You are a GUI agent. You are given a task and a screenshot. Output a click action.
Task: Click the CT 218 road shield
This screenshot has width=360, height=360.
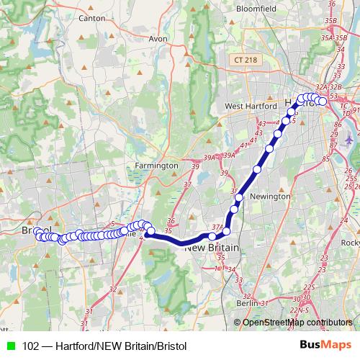click(246, 60)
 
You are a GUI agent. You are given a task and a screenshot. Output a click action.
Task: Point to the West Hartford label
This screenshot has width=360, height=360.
click(252, 106)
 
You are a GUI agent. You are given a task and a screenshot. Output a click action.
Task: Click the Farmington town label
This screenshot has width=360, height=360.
click(156, 166)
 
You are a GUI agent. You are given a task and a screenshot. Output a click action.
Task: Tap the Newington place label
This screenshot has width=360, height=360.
click(270, 196)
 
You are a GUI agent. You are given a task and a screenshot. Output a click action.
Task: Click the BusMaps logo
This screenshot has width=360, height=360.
click(326, 346)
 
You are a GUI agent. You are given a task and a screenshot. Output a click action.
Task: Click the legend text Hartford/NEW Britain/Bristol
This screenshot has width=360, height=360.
click(120, 346)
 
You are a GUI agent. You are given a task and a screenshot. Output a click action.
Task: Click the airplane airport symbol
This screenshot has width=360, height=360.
click(351, 139)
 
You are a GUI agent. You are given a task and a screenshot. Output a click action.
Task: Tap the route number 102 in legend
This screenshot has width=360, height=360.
click(31, 346)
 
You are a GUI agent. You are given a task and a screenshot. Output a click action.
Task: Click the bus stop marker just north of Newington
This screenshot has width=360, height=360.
click(257, 170)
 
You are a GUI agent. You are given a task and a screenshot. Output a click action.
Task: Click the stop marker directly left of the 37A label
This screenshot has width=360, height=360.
click(212, 236)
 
